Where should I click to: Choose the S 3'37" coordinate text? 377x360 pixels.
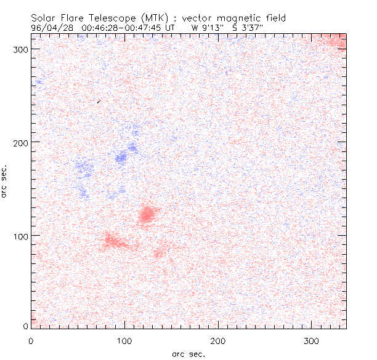[x=248, y=28]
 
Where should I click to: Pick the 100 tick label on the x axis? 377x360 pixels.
[x=124, y=340]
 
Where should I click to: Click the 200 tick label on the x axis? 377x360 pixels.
[x=218, y=340]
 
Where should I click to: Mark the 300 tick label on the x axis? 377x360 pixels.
[x=312, y=340]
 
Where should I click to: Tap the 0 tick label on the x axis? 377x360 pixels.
[x=31, y=340]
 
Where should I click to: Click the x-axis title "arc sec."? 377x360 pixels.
[x=188, y=353]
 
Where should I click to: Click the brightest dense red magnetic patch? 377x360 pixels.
[x=147, y=215]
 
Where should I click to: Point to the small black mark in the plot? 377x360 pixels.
[x=99, y=101]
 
